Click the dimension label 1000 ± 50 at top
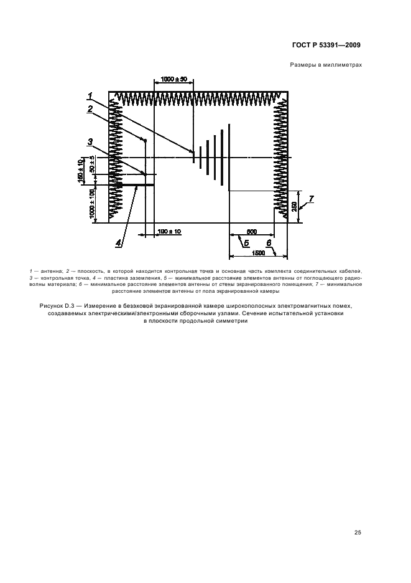pyautogui.click(x=173, y=79)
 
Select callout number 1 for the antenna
pyautogui.click(x=91, y=95)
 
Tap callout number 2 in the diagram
pyautogui.click(x=91, y=108)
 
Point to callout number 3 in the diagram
pyautogui.click(x=91, y=141)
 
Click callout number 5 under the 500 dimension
pyautogui.click(x=246, y=243)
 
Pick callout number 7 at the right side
pyautogui.click(x=312, y=199)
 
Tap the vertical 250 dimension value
pyautogui.click(x=294, y=206)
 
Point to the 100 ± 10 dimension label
pyautogui.click(x=169, y=231)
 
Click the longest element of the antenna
pyautogui.click(x=229, y=155)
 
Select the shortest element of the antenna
pyautogui.click(x=193, y=156)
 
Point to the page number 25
pyautogui.click(x=358, y=533)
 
